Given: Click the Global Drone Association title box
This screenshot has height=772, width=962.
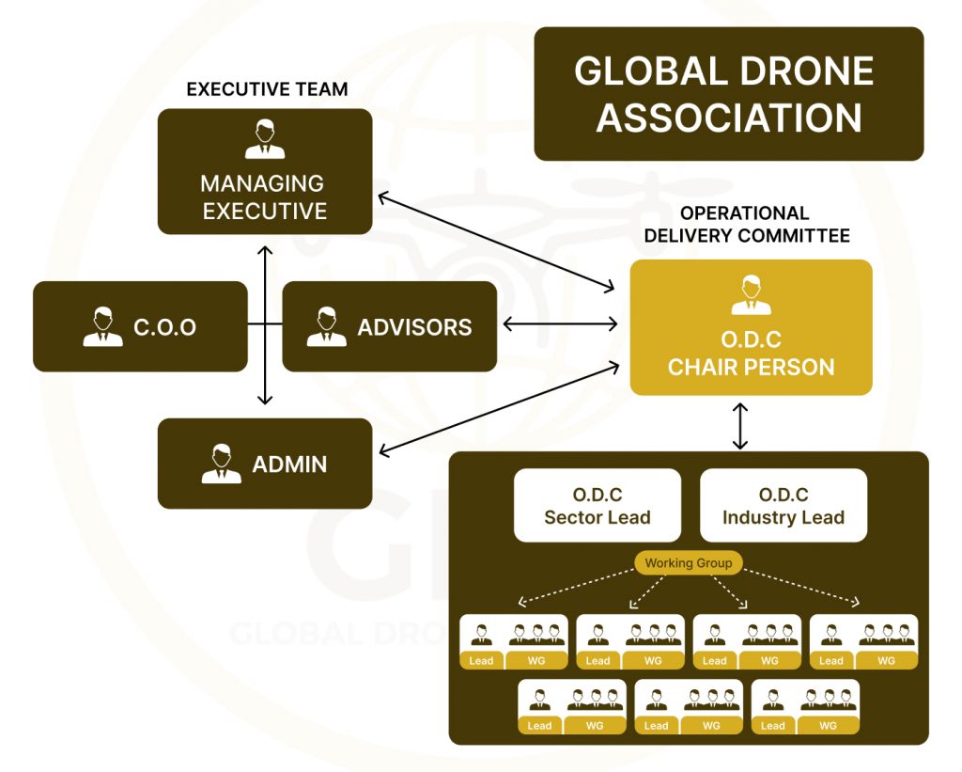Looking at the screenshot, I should (728, 94).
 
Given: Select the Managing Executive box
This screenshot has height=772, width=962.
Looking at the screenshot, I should (265, 172).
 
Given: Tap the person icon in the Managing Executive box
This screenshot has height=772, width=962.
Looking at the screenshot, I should (265, 140).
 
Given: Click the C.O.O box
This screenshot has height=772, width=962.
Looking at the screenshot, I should (140, 326).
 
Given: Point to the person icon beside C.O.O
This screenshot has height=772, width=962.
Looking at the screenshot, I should (102, 326).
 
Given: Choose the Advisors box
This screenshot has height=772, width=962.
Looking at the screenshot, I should (389, 326).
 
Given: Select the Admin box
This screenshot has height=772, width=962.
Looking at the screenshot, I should (265, 464).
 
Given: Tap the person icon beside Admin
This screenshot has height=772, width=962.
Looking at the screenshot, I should (221, 464).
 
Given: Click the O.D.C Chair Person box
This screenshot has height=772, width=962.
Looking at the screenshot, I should (751, 327).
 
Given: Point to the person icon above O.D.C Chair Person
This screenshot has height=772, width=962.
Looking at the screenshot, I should (751, 295).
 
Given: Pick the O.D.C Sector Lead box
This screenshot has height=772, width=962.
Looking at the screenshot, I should (597, 506).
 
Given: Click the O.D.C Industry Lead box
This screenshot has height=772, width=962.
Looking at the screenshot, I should (784, 506).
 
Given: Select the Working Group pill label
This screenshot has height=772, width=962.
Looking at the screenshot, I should (689, 563).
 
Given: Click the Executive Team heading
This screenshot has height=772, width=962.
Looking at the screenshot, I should (267, 90).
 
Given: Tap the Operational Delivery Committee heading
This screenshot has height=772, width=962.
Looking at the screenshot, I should (746, 225).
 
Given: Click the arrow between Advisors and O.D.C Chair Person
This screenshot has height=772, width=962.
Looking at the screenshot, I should (561, 324).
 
